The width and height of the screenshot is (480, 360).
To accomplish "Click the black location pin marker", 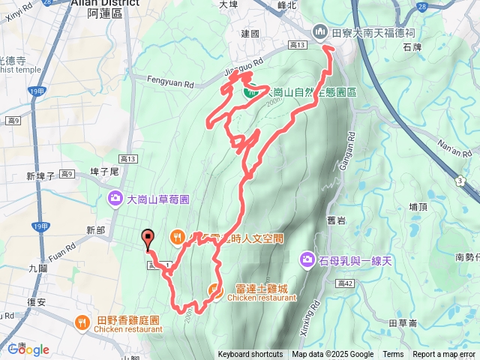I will coord(147,238).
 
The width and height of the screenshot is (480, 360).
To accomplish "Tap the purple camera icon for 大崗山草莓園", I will coord(115,199).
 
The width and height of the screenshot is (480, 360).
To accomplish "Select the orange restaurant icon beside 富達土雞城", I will coord(215,290).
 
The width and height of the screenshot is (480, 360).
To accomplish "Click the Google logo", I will coord(28,349).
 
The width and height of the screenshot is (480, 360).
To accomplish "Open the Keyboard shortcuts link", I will coord(250,355).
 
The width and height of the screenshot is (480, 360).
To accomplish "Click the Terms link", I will coord(393,355).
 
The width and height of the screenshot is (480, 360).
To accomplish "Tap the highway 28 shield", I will coord(422,6).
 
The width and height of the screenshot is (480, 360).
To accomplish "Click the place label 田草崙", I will coord(403,322).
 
